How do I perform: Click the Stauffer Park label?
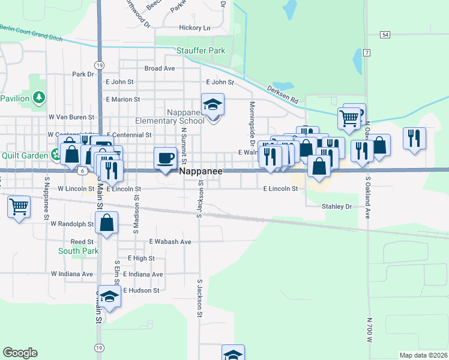click(x=200, y=51)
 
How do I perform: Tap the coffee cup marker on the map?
click(x=165, y=158)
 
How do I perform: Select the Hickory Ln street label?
click(x=194, y=28)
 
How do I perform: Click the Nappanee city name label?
click(x=201, y=172)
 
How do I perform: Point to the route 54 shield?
click(x=385, y=35)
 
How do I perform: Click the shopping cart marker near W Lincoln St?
click(x=19, y=208)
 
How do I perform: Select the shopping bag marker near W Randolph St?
click(x=106, y=224)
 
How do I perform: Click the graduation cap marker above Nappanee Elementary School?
click(x=212, y=105)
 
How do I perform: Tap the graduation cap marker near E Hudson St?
click(x=110, y=296)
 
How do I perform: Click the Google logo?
click(x=20, y=353)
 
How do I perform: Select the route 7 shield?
click(x=366, y=52)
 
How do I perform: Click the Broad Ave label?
click(x=160, y=68)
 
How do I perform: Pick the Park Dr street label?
click(x=83, y=74)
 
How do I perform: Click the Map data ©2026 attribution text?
click(x=423, y=355)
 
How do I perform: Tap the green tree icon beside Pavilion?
click(x=39, y=97)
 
